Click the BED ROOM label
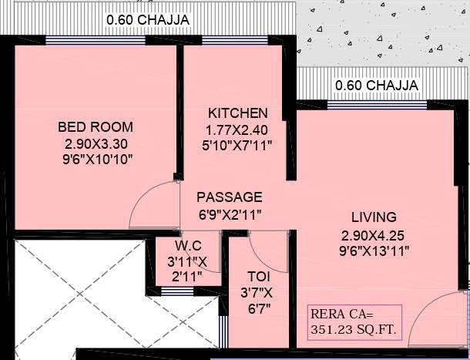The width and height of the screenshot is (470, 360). (96, 127)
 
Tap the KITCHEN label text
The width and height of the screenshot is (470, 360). (237, 113)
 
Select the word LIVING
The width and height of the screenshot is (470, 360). (370, 217)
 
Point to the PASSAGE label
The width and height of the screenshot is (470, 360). (229, 197)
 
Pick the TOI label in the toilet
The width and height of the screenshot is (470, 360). (258, 276)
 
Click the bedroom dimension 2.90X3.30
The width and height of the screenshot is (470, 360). (96, 143)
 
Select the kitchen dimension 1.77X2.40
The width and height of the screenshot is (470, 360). (237, 129)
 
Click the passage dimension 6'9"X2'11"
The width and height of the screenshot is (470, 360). (229, 215)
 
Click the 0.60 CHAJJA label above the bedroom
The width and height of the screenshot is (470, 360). (147, 19)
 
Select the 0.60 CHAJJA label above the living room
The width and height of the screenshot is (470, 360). (377, 85)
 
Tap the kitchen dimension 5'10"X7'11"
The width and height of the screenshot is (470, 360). (237, 144)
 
